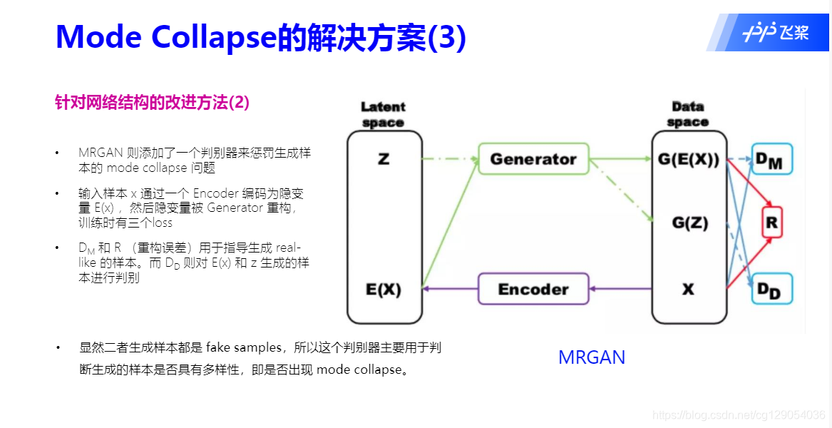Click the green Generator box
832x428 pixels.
tap(533, 159)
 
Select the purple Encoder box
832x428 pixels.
tap(533, 289)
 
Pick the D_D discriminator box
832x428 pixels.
tap(771, 289)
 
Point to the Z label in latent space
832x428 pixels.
tap(384, 159)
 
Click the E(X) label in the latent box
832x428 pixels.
tap(384, 290)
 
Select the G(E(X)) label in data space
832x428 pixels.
tap(689, 159)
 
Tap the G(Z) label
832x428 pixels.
tap(689, 223)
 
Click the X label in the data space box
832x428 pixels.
tap(688, 290)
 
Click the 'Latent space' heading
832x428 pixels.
tap(383, 115)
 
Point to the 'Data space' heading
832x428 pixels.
tap(688, 115)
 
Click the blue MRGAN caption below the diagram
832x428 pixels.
tap(592, 357)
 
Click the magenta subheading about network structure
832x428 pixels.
tap(152, 102)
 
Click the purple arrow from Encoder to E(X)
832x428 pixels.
tap(449, 289)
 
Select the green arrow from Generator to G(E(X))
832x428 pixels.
tap(620, 159)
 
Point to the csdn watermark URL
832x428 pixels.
tap(739, 414)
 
